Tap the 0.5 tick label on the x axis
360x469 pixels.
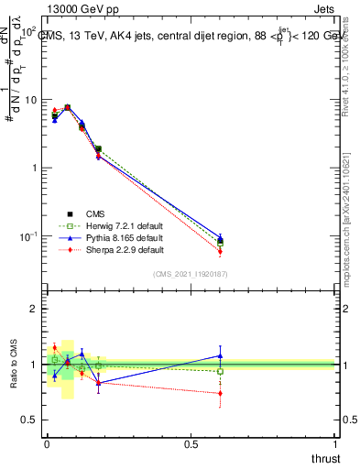click(x=191, y=443)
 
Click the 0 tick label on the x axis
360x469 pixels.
click(x=48, y=443)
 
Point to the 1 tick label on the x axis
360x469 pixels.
click(x=334, y=443)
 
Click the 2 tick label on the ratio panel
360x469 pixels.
click(x=35, y=309)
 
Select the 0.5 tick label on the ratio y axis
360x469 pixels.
click(x=29, y=420)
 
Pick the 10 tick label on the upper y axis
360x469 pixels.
click(x=31, y=100)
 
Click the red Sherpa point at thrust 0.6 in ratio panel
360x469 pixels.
click(x=220, y=393)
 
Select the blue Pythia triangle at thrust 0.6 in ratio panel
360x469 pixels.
click(x=220, y=355)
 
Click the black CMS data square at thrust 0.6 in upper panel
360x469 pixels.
click(x=220, y=242)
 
